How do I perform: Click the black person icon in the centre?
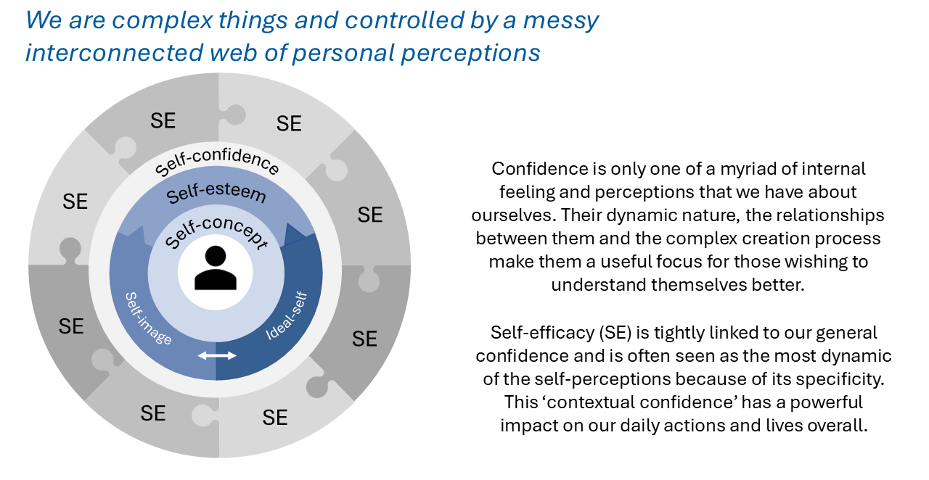coord(216,268)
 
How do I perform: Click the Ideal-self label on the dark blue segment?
coord(287,316)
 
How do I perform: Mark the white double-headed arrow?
coord(217,355)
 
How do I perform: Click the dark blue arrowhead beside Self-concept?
coord(294,236)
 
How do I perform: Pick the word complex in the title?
coord(162,21)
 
